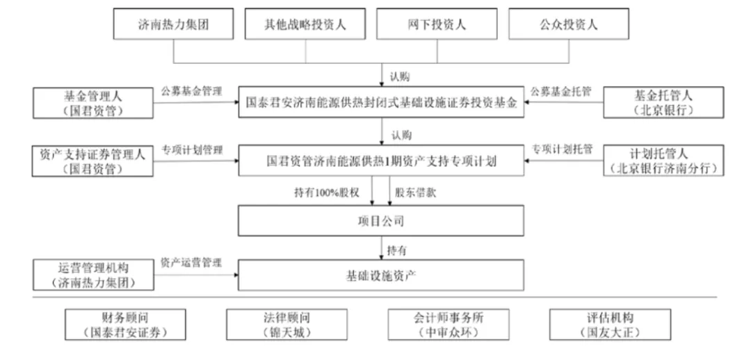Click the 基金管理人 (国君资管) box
tap(92, 102)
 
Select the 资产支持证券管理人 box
tap(92, 161)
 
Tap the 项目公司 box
tap(380, 222)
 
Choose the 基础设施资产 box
tap(380, 275)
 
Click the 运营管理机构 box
tap(92, 275)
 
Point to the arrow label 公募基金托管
tap(561, 91)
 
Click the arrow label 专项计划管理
tap(193, 149)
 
